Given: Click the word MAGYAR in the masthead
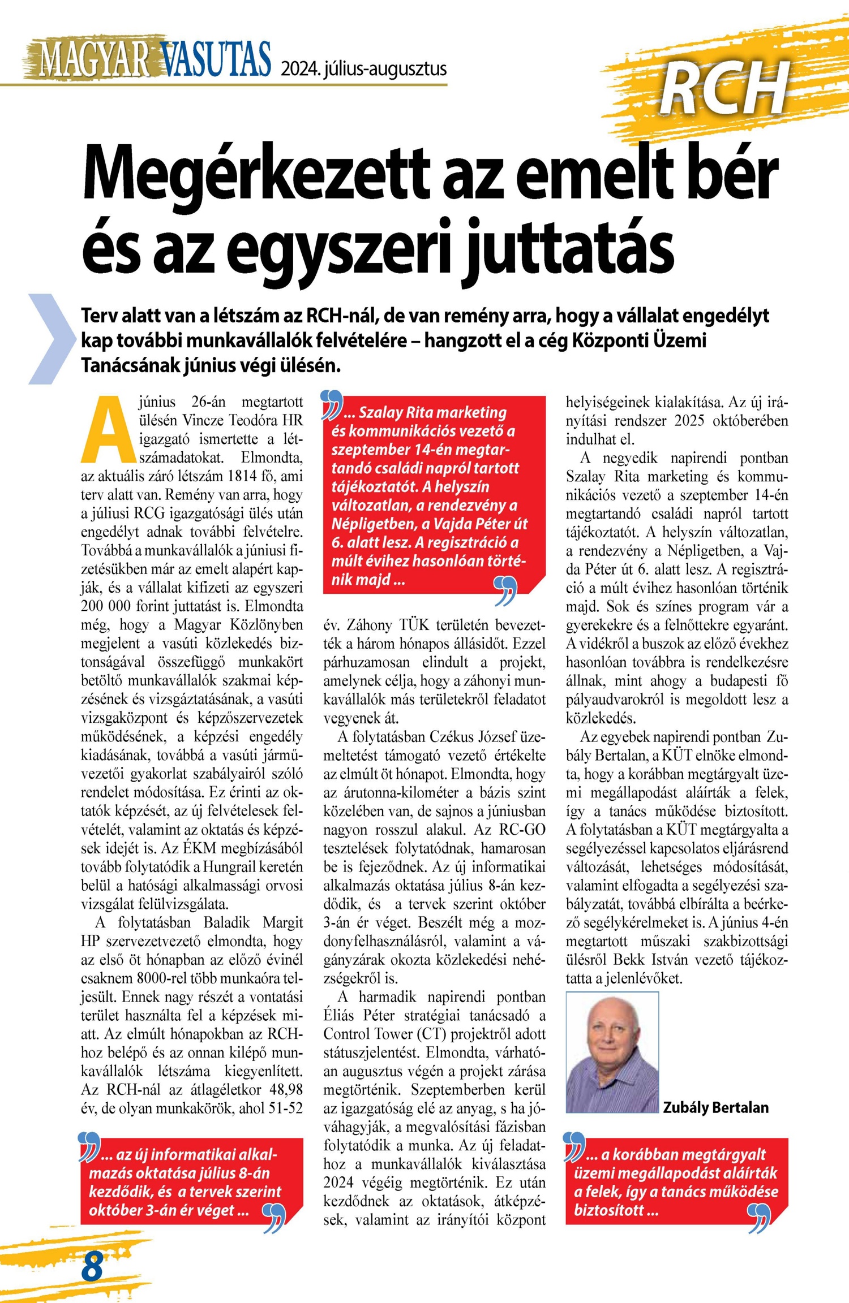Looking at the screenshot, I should pos(94,59).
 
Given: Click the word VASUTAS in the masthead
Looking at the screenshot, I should pos(216,59).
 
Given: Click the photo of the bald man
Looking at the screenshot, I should pos(612,1052).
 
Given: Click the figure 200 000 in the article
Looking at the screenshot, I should pos(106,606).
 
